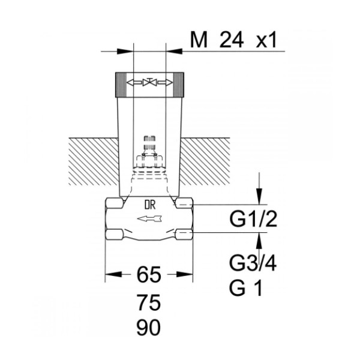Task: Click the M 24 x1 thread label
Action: coord(233,41)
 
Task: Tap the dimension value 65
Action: coord(149,275)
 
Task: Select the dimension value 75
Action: coord(149,302)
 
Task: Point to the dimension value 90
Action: coord(149,328)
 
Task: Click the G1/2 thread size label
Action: coord(253,219)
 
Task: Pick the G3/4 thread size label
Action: coord(253,263)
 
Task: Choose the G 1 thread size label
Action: coord(245,288)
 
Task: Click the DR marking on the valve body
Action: coord(150,205)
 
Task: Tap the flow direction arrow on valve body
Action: coord(149,219)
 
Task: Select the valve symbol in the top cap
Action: coord(149,82)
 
